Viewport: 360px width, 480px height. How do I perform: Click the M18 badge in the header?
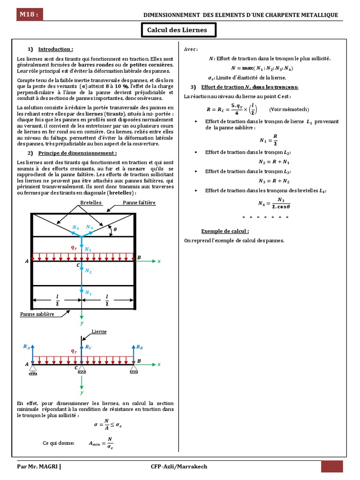[29, 15]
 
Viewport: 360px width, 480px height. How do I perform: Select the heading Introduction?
[55, 49]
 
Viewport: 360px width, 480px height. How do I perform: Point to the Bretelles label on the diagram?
[91, 202]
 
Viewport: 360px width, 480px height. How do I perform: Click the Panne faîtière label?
[139, 202]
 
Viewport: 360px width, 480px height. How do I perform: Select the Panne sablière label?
[37, 314]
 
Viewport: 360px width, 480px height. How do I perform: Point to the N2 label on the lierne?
[88, 271]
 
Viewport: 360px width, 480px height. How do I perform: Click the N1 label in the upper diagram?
[88, 292]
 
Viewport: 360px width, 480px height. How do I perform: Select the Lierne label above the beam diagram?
[99, 331]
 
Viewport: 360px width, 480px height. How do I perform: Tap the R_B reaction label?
[139, 347]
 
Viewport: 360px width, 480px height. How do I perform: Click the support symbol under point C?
[82, 372]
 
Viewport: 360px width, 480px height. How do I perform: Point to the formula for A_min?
[101, 443]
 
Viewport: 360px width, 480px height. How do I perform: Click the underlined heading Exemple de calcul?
[225, 231]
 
